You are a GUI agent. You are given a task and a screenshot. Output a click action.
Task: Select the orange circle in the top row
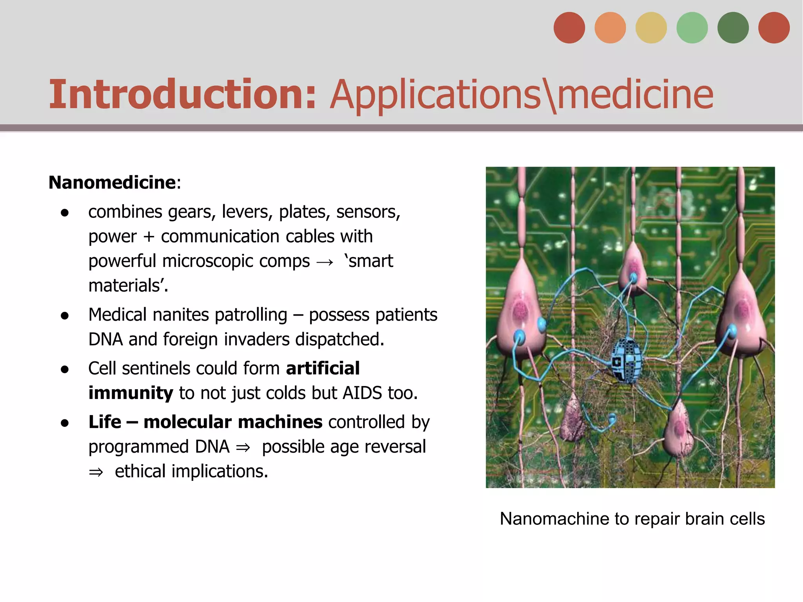[610, 27]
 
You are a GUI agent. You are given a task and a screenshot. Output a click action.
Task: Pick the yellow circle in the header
[651, 27]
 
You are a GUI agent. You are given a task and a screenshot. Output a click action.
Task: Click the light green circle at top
[692, 27]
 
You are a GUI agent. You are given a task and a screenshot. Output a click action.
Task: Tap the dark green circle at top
[733, 27]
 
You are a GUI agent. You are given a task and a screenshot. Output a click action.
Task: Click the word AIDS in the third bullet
[362, 393]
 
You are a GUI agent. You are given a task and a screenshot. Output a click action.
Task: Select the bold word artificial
[323, 368]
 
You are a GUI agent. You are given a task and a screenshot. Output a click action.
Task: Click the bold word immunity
[131, 393]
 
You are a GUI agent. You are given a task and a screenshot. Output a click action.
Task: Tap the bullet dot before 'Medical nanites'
[65, 316]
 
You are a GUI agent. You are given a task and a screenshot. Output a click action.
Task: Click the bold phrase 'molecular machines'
[233, 422]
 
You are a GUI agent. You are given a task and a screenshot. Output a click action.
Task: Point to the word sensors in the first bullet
[368, 212]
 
